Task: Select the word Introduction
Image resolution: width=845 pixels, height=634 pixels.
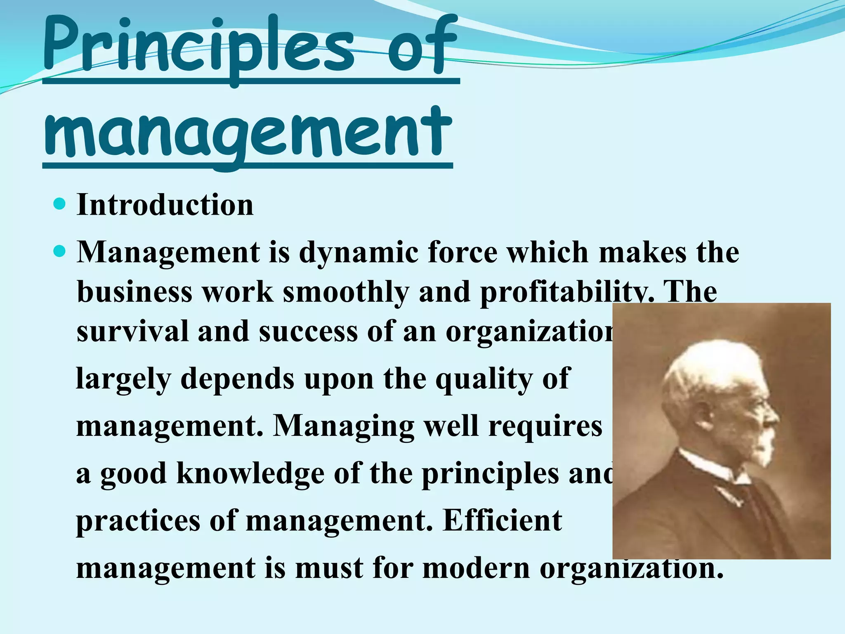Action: [165, 205]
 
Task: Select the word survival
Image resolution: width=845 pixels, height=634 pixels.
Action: [132, 331]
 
